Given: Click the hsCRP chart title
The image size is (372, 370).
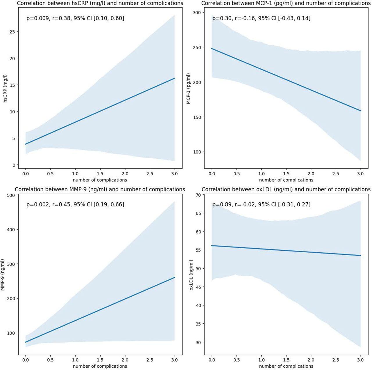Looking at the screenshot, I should (x=100, y=3).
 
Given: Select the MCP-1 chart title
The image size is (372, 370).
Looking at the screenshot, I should (x=286, y=3).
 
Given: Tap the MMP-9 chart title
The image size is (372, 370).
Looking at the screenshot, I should (x=100, y=190).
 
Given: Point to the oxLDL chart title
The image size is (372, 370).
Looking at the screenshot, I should (x=286, y=190).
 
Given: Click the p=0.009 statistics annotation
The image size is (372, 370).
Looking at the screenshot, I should (x=75, y=18).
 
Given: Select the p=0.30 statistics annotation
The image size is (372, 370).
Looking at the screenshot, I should (x=261, y=18).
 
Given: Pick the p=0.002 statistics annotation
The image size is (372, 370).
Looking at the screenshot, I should (x=75, y=205).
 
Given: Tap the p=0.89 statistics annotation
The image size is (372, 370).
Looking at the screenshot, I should (x=261, y=205).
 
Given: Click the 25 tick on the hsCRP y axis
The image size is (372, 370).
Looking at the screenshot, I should (x=12, y=32).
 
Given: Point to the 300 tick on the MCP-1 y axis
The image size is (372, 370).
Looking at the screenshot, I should (x=197, y=13).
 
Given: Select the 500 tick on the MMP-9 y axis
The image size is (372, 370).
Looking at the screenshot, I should (x=11, y=195).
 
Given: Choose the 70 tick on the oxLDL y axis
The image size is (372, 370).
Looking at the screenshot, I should (x=198, y=195).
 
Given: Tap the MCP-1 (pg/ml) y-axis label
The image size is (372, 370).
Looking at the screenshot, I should (x=189, y=88).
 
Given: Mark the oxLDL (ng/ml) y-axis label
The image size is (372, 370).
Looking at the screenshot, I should (x=191, y=275).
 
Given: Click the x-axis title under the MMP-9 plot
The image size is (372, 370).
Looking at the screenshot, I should (x=100, y=366).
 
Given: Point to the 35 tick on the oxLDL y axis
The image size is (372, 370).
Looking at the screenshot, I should (x=198, y=324).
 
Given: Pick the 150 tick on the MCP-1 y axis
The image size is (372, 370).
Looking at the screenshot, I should (x=197, y=117).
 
